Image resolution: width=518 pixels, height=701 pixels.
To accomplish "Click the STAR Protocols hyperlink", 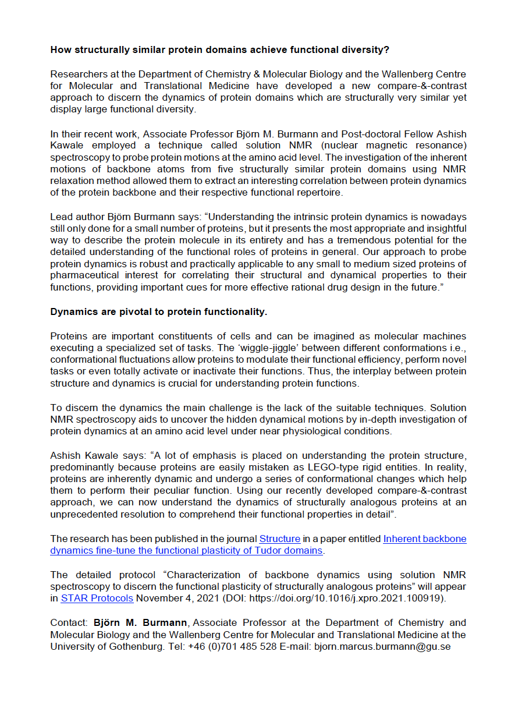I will (x=97, y=598).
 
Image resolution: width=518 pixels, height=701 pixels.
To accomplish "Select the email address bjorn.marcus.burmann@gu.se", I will (x=382, y=646).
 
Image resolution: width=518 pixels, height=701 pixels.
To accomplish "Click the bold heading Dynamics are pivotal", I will (x=158, y=312).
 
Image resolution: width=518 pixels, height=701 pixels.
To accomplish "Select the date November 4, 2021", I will (x=168, y=598).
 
